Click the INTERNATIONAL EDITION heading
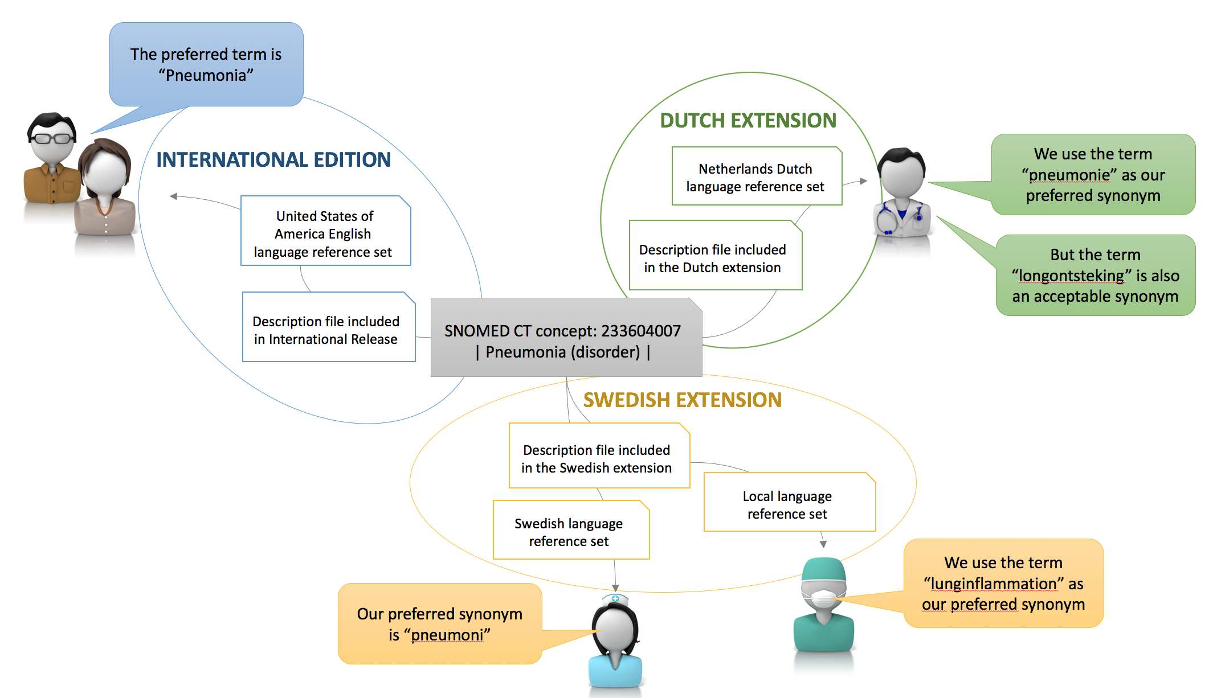tap(273, 160)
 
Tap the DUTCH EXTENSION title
tap(748, 121)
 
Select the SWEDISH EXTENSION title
tap(682, 400)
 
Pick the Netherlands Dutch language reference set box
tap(756, 177)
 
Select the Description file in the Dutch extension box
tap(714, 257)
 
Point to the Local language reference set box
tap(789, 504)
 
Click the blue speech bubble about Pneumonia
tap(206, 64)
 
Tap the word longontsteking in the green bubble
tap(1071, 276)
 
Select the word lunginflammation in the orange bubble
tap(994, 584)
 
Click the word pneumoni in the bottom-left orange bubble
tap(447, 635)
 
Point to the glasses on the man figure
tap(52, 138)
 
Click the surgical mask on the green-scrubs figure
tap(822, 598)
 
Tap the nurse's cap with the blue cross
tap(615, 600)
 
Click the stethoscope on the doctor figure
tap(889, 219)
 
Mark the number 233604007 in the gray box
tap(640, 331)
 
